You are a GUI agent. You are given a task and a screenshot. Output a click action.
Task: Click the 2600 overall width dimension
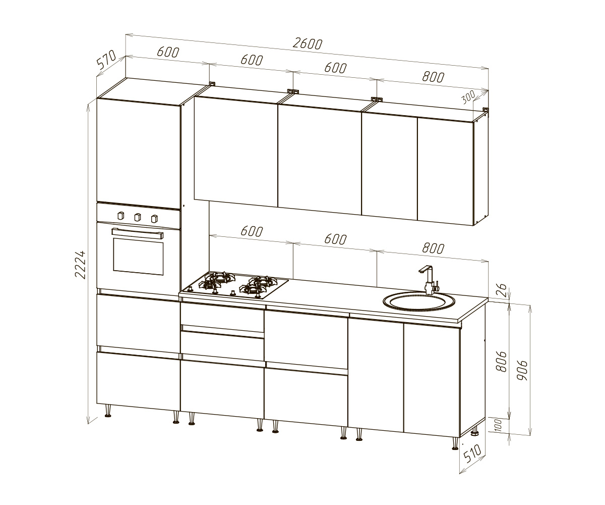click(x=308, y=44)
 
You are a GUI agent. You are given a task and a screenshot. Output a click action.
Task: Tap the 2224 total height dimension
click(x=80, y=265)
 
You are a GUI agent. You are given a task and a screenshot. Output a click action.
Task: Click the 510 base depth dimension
click(x=472, y=453)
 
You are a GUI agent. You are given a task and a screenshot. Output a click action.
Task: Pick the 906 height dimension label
click(x=522, y=370)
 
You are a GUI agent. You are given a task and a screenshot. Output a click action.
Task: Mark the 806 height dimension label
click(x=501, y=362)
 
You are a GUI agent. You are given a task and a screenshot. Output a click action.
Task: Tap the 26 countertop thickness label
click(x=503, y=290)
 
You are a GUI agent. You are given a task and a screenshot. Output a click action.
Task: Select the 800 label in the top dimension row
click(x=433, y=77)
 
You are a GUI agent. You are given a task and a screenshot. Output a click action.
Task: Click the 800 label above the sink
click(x=433, y=248)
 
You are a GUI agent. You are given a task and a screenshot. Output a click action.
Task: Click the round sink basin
click(x=419, y=302)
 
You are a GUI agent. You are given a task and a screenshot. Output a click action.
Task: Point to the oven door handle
click(x=137, y=233)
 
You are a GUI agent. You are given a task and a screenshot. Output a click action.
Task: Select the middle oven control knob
click(x=138, y=217)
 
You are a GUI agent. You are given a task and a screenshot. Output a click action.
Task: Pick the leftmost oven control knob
click(x=121, y=215)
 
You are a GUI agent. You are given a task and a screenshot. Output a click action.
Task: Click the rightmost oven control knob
click(x=155, y=218)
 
